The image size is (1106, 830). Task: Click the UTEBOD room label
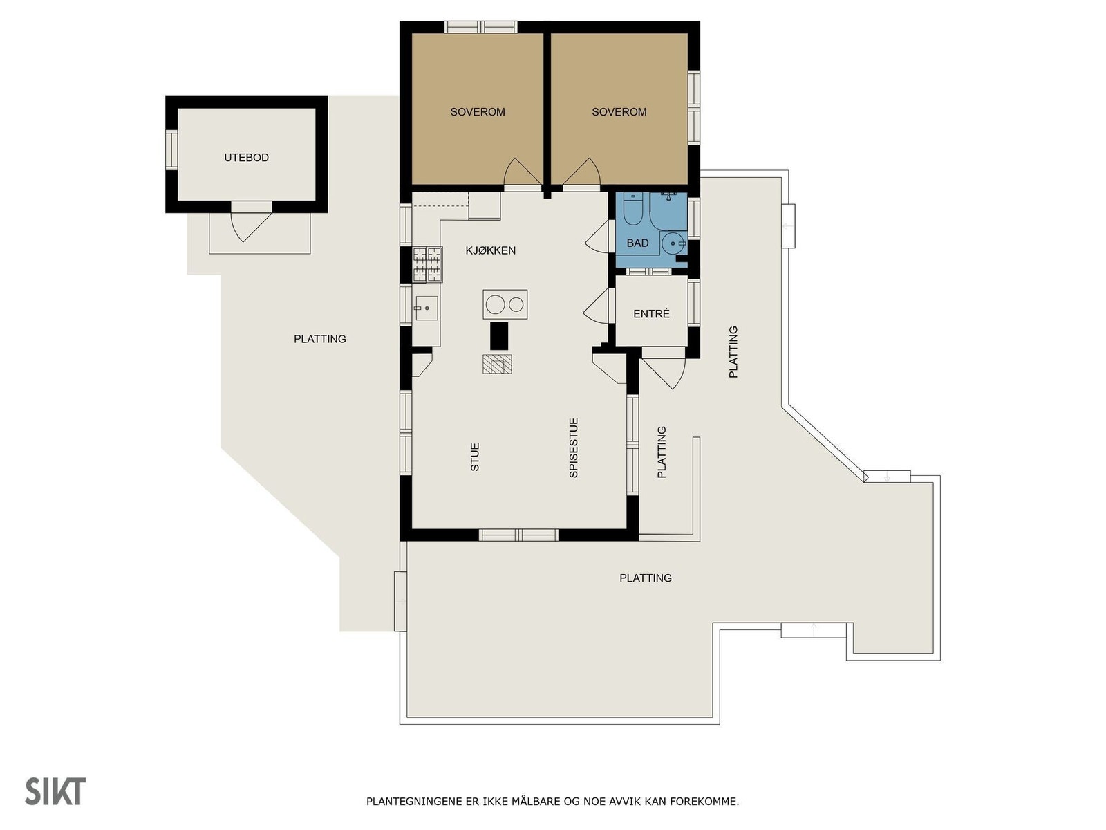click(x=246, y=158)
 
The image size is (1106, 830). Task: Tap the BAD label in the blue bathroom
click(x=637, y=243)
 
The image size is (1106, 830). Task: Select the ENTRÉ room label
click(x=651, y=314)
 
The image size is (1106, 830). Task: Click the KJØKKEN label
click(x=490, y=250)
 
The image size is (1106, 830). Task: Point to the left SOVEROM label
click(x=477, y=112)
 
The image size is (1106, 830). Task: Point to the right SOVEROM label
click(x=619, y=112)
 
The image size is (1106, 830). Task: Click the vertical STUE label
click(x=475, y=457)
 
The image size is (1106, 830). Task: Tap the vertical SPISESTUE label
click(x=573, y=448)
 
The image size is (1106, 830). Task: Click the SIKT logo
click(x=55, y=791)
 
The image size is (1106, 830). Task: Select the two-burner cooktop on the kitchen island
click(x=505, y=304)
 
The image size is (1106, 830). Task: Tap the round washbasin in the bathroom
click(x=673, y=244)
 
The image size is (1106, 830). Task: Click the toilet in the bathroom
click(x=632, y=210)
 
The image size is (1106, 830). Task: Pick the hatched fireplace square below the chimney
click(x=497, y=364)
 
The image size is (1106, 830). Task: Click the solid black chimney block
click(x=499, y=336)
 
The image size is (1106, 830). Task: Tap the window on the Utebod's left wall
click(x=171, y=150)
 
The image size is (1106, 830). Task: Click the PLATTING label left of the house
click(x=319, y=339)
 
